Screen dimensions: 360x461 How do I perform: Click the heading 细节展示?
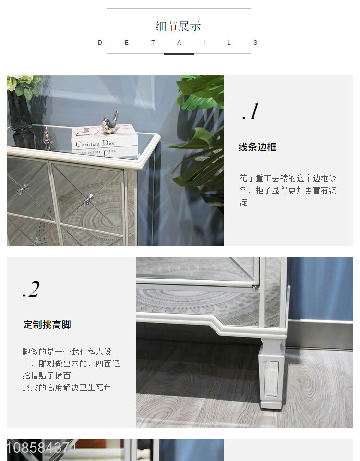click(178, 26)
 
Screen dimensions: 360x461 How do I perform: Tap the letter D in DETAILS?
click(100, 43)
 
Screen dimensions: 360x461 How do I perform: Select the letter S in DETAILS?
click(255, 43)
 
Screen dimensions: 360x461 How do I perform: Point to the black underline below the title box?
click(179, 54)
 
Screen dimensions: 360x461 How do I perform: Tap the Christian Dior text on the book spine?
click(96, 144)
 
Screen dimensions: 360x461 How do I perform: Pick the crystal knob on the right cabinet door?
click(88, 200)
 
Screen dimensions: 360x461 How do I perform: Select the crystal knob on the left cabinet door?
click(23, 189)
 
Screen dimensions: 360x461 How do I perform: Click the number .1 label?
click(251, 112)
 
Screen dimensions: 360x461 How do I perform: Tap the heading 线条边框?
click(257, 147)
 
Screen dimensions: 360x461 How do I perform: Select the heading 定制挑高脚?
click(47, 325)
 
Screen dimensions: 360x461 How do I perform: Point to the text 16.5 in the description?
click(30, 388)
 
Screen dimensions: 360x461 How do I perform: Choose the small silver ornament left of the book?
click(47, 137)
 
